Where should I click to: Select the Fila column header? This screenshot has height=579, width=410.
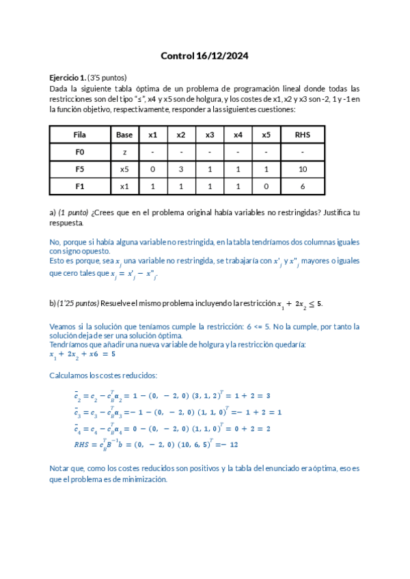pos(80,135)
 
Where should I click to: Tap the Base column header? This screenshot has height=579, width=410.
pos(124,135)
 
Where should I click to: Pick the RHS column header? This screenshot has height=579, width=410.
pos(302,135)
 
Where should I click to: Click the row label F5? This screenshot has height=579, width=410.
pos(80,169)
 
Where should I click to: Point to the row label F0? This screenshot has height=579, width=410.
pos(80,152)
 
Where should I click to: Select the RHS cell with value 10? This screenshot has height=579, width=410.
pos(302,169)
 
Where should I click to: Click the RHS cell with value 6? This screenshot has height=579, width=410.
pos(302,186)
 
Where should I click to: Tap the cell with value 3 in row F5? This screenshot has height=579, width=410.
pos(181,169)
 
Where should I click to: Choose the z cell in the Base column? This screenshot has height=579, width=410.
pos(124,152)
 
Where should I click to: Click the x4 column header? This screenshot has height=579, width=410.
pos(238,135)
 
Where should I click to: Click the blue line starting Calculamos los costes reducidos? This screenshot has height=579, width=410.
pos(103,376)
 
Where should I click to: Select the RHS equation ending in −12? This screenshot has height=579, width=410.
pos(146,444)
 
